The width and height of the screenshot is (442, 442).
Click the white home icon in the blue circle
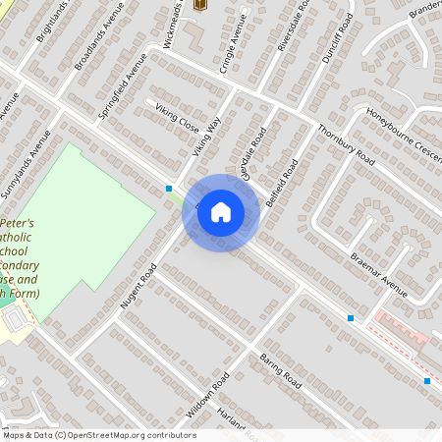pos(221,212)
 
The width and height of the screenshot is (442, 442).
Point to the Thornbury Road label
pos(346,143)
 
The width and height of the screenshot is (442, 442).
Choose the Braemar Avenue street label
pos(379,273)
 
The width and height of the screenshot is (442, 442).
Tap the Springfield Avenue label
pos(122,86)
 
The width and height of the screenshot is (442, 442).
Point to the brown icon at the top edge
pos(201,4)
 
